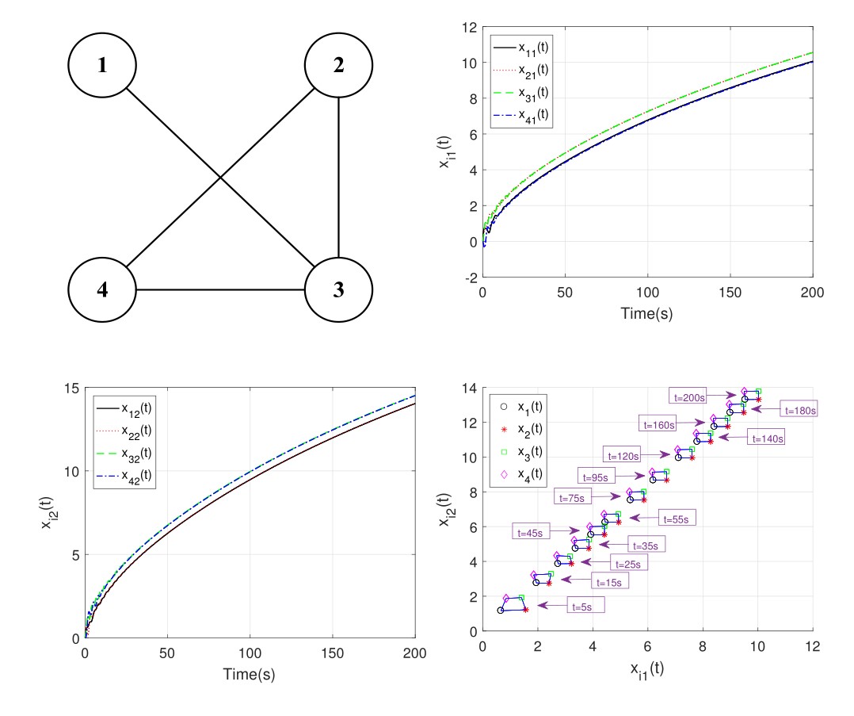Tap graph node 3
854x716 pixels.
point(339,289)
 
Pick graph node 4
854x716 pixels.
point(102,289)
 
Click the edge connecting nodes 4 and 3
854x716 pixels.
point(221,289)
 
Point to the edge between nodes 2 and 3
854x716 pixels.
point(339,178)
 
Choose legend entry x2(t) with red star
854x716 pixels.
point(531,429)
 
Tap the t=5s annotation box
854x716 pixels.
point(584,607)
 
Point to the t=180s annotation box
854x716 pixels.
point(799,410)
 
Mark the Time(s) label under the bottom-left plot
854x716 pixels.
point(250,673)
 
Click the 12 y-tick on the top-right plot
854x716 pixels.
point(469,27)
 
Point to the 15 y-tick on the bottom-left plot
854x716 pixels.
point(71,388)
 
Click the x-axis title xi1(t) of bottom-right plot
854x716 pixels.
point(646,668)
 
